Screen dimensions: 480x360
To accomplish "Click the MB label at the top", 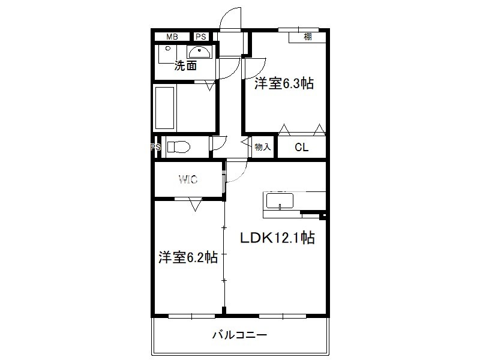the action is coord(172,37).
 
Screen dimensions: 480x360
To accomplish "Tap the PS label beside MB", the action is coord(201,37).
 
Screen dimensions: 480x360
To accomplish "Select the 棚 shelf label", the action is coord(308,37).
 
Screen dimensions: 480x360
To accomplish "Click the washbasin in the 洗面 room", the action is coord(199,52).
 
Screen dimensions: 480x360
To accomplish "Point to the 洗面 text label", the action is coord(185,65).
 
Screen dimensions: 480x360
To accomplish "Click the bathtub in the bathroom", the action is coord(164,108).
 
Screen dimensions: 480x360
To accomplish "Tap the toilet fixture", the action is coord(179,147).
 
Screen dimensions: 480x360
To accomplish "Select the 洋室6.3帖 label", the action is coord(284,83).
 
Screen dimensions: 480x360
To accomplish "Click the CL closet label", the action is coord(302,147).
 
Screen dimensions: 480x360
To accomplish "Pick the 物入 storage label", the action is coord(263,147).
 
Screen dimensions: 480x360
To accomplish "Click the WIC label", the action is coord(188,179).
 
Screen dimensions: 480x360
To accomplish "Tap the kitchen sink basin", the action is coord(280,201).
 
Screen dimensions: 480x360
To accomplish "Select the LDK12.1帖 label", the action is coord(277,238).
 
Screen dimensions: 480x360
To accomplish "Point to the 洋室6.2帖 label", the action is coord(188,257).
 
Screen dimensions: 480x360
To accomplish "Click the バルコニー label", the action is coord(239,335).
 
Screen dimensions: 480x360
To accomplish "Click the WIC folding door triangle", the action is coord(196,205).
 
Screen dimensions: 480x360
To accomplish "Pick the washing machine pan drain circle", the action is coord(168,49).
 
